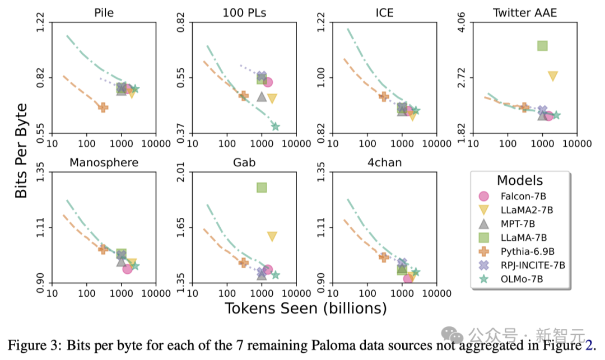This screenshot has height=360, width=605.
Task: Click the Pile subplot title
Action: [104, 12]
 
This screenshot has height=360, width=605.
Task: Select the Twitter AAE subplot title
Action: [524, 12]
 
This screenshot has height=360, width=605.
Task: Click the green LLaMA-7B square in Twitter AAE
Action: [542, 46]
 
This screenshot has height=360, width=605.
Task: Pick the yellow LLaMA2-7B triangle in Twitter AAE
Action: [552, 76]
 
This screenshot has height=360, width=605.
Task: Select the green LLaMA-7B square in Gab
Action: [262, 187]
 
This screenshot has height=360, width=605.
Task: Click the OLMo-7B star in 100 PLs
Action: [275, 126]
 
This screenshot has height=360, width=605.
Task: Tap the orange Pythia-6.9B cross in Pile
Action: [103, 107]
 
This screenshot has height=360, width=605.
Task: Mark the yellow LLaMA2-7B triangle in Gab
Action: [272, 236]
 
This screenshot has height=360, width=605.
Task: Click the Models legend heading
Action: [519, 180]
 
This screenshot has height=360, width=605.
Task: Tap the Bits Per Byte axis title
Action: [21, 150]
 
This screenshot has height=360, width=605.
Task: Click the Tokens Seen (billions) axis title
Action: [306, 308]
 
